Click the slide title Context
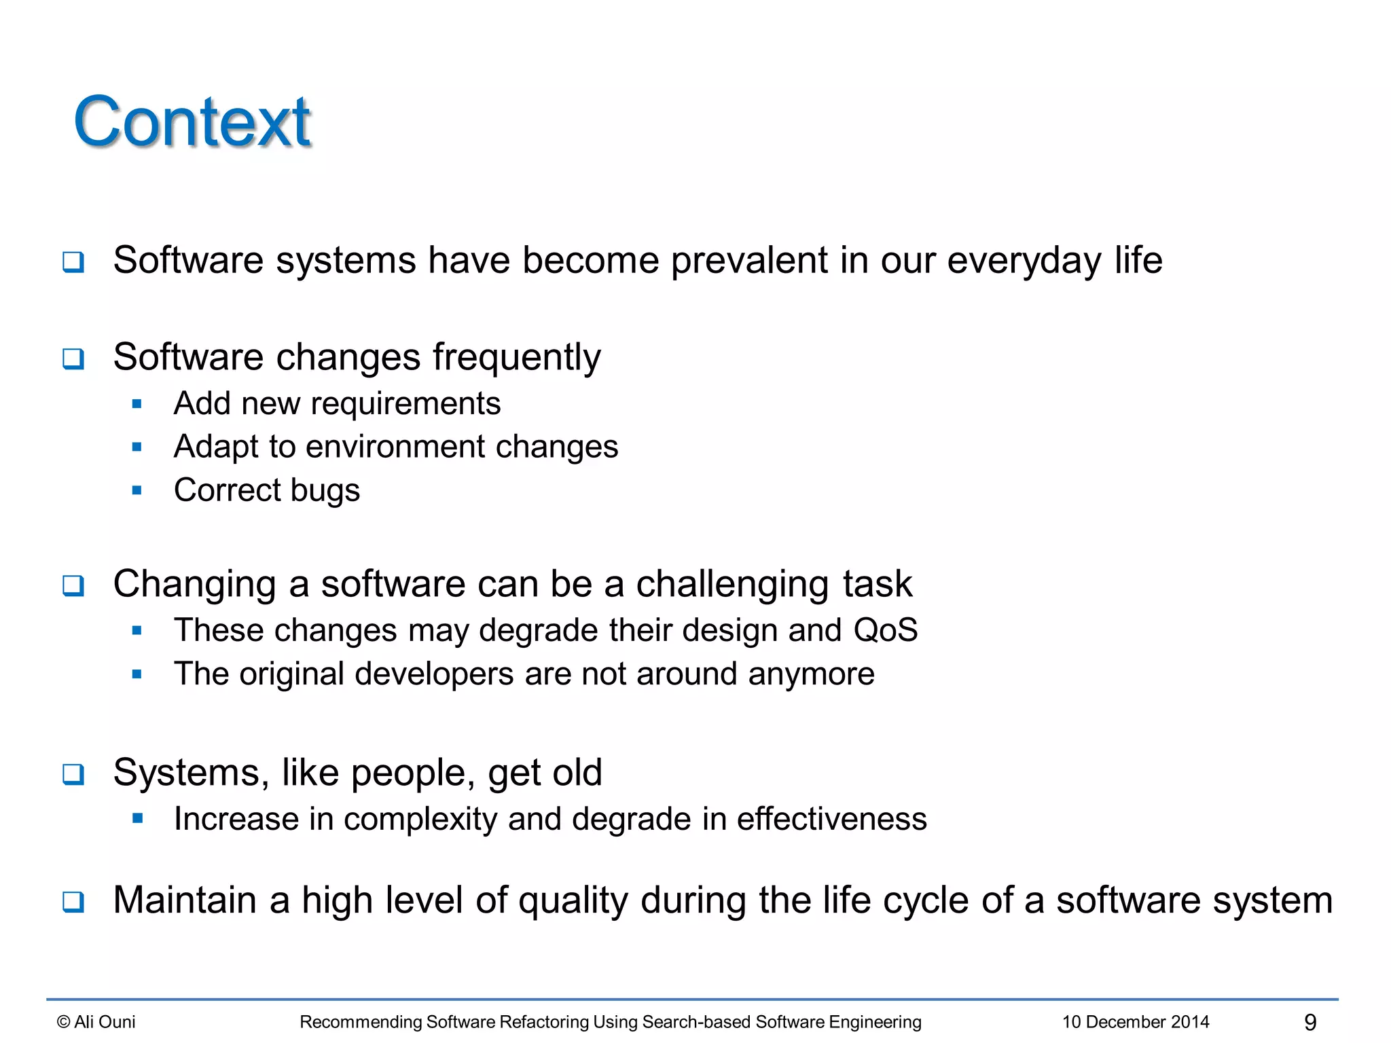coord(192,122)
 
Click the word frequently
coord(516,358)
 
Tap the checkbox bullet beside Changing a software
coord(73,585)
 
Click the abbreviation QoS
coord(885,630)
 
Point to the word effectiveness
coord(831,819)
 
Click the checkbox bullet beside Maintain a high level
coord(73,902)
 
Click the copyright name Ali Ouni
coord(105,1022)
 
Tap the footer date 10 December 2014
coord(1136,1022)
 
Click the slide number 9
coord(1310,1022)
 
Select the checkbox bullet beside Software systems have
coord(73,262)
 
